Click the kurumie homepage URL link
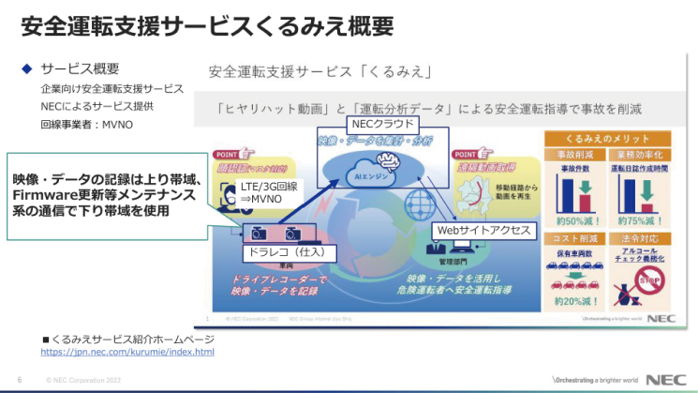pos(127,352)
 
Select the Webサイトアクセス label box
pos(483,230)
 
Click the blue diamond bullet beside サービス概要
pos(27,68)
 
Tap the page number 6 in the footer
pos(20,379)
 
